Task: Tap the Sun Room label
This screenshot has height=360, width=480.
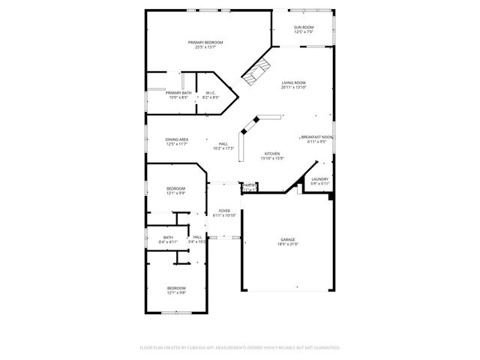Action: [304, 27]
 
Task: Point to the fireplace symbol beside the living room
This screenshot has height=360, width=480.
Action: [256, 71]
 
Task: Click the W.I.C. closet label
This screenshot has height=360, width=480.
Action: [211, 92]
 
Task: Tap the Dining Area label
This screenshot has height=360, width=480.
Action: [177, 139]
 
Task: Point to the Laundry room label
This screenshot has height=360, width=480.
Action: [319, 178]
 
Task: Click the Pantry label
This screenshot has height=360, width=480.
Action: [250, 184]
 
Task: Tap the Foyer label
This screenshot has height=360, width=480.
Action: [223, 210]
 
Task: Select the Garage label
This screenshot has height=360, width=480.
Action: [288, 239]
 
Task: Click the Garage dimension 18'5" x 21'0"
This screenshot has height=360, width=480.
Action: [288, 244]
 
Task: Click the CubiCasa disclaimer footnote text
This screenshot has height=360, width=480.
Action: [240, 348]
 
